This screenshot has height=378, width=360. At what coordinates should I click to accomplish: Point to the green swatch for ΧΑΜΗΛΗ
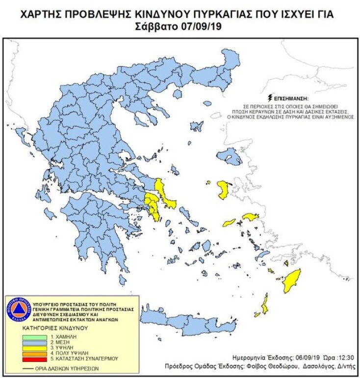[x=35, y=338]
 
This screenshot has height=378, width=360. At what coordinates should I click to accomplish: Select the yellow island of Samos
[x=250, y=217]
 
